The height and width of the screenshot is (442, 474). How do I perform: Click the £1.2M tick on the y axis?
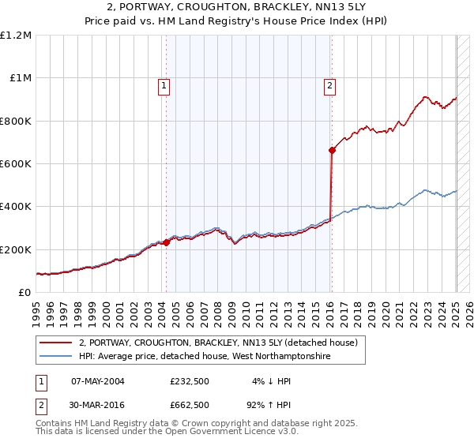click(16, 36)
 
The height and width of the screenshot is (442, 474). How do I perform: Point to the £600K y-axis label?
click(16, 164)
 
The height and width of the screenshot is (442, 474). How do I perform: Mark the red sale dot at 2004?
click(167, 243)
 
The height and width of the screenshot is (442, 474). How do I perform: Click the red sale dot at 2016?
click(332, 151)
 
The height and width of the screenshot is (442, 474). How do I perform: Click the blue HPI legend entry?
click(204, 357)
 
